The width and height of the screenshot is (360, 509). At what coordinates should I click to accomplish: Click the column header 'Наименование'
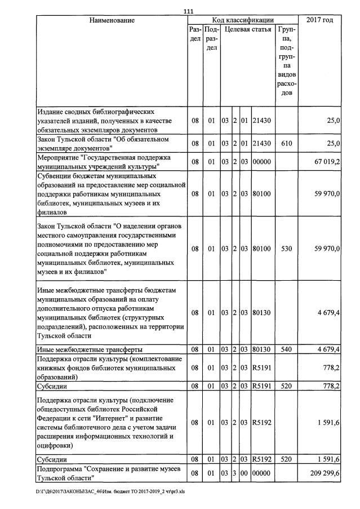point(112,20)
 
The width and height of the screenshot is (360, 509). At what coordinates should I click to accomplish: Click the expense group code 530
point(286,248)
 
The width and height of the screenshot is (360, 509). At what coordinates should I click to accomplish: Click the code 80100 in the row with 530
point(262,248)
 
